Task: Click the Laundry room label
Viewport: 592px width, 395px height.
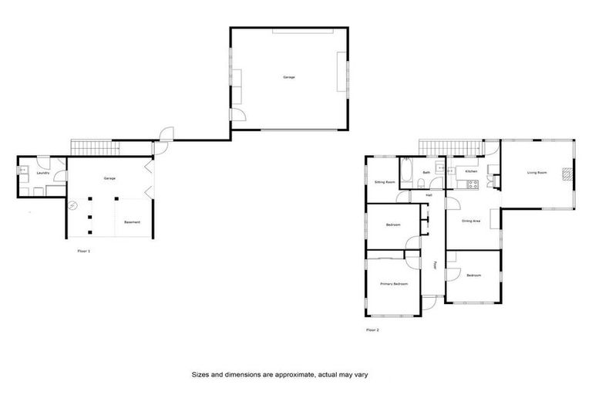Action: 43,173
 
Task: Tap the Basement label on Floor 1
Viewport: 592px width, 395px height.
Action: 133,222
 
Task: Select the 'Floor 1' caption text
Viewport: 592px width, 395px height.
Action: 84,252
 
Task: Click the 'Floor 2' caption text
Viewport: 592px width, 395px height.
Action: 372,330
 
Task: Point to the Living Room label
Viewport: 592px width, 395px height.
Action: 536,173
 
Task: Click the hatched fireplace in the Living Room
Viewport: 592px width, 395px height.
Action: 567,174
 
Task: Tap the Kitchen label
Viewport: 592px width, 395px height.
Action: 471,171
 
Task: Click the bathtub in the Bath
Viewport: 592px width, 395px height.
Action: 406,170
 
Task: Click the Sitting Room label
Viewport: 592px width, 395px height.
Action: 385,182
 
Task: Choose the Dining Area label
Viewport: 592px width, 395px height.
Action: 471,221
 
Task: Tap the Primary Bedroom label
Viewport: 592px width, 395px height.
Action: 393,285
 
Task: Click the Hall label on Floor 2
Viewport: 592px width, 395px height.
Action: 429,195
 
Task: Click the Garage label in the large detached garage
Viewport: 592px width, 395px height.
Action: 288,77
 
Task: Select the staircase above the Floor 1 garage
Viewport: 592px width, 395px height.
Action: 96,146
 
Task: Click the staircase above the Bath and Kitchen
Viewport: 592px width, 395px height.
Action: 449,146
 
